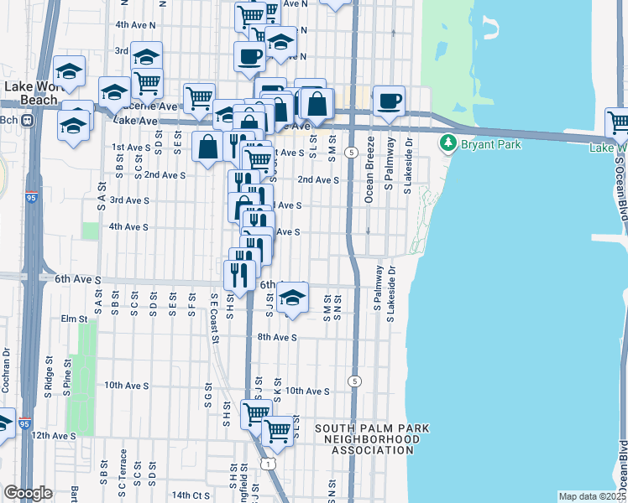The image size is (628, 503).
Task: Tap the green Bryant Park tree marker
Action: click(448, 143)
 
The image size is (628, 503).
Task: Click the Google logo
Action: click(28, 493)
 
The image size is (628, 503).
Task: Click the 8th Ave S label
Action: click(278, 337)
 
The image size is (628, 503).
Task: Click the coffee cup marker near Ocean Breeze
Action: click(389, 101)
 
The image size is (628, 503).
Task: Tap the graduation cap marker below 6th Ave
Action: click(291, 298)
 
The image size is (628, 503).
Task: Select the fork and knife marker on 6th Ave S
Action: click(239, 273)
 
